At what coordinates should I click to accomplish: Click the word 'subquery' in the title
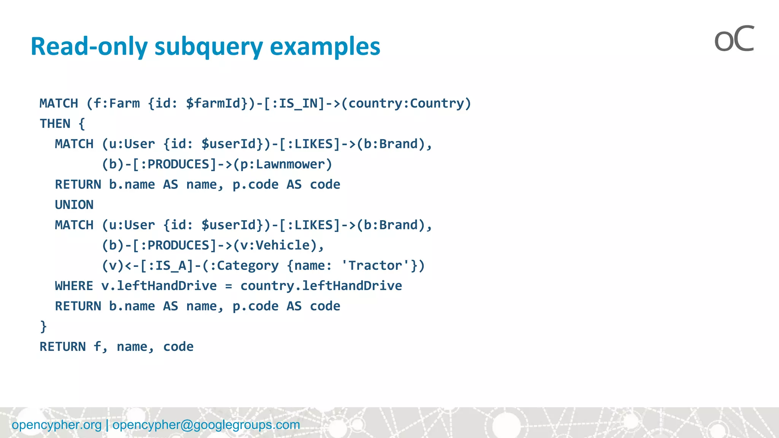point(208,47)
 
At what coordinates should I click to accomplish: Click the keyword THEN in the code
point(55,124)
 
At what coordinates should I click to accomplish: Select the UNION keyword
point(74,205)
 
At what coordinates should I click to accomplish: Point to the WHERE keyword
point(74,286)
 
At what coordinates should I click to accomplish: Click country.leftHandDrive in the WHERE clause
point(321,286)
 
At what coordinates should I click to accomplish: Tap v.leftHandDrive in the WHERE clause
point(159,286)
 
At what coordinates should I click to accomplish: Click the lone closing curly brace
point(43,327)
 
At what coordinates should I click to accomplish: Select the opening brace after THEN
point(82,124)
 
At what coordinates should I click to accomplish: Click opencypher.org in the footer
point(57,425)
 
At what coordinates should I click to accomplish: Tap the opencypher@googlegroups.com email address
point(206,425)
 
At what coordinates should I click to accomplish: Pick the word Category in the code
point(248,265)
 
